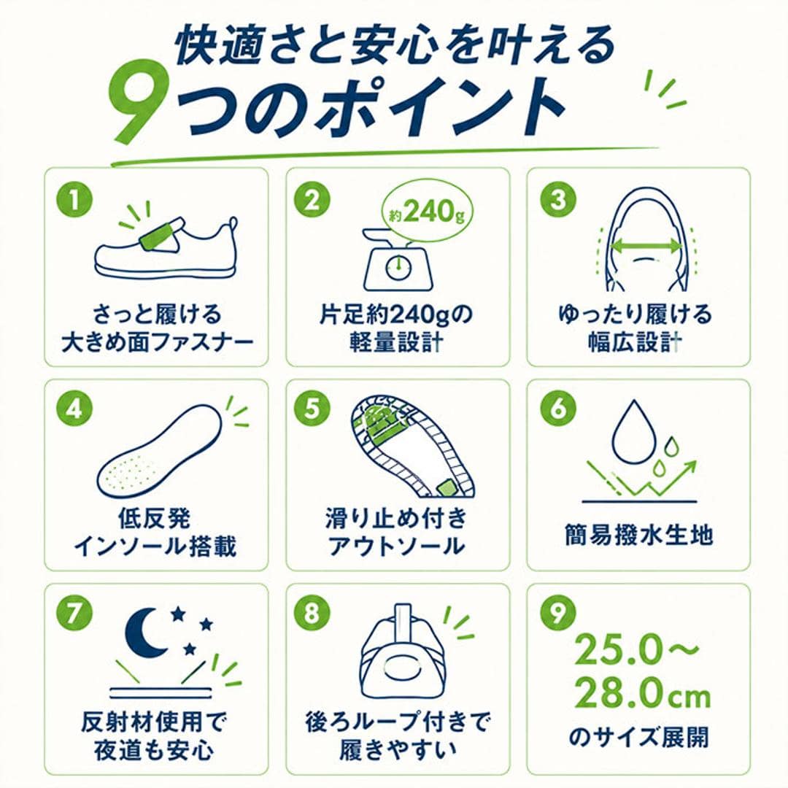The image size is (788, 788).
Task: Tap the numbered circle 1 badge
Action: (x=74, y=199)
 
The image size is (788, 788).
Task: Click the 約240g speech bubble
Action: (x=427, y=212)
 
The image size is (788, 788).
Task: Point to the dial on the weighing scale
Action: (x=398, y=266)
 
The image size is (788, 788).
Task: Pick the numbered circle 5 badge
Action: (x=312, y=407)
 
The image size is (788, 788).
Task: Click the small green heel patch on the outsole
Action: (x=446, y=487)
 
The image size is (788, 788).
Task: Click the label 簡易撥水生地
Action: (x=638, y=535)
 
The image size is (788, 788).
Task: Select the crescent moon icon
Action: (x=142, y=633)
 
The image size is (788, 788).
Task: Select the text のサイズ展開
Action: (x=638, y=737)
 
